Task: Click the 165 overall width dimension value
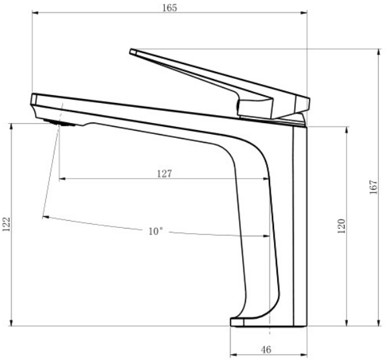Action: (170, 8)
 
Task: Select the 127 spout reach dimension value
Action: (165, 174)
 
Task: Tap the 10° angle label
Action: (155, 231)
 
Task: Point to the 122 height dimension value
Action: (6, 224)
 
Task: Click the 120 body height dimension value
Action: (341, 226)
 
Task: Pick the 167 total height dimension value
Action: (373, 187)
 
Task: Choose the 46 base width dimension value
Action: (266, 350)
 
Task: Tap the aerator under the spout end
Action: (60, 122)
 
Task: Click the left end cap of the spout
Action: (34, 100)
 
